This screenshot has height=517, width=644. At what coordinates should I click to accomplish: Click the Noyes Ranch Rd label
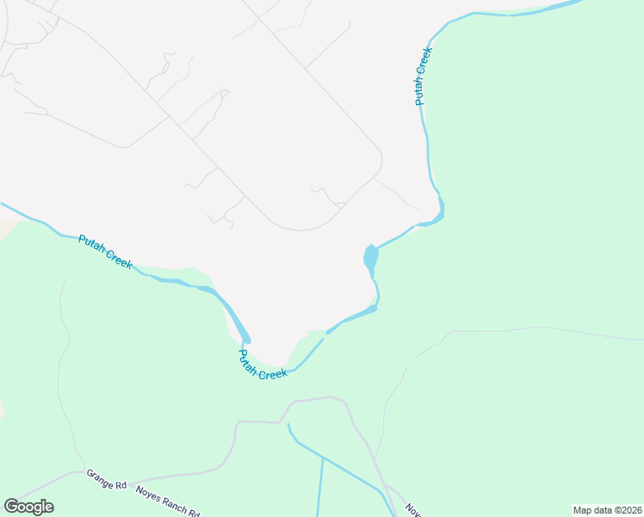(168, 500)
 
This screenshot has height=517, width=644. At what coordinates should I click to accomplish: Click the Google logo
(28, 507)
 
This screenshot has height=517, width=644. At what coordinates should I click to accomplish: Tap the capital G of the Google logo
(11, 506)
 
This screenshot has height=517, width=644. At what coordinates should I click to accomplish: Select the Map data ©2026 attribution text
(607, 510)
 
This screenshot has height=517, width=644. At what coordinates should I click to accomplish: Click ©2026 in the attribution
(626, 510)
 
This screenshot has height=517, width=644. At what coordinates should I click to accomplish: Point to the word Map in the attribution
(583, 510)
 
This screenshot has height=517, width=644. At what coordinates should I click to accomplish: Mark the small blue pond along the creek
(370, 257)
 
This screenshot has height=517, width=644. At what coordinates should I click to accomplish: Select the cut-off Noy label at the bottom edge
(412, 510)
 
